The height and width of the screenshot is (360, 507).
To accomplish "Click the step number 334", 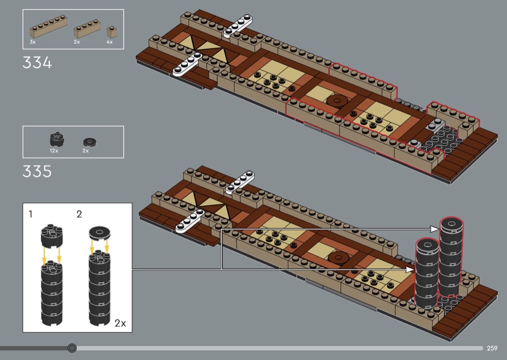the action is click(37, 63).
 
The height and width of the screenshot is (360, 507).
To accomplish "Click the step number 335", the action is click(37, 171).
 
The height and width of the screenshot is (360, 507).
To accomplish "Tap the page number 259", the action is click(492, 348).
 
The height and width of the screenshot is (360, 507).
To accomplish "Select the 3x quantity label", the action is click(32, 42).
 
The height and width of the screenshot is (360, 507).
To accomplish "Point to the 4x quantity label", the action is click(110, 42).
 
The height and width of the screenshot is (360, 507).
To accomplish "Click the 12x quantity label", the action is click(54, 151).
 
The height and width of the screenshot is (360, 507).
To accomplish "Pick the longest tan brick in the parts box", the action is click(48, 27).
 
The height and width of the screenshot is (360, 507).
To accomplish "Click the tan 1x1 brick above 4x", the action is click(112, 32).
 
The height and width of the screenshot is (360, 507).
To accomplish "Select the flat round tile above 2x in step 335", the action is click(90, 141).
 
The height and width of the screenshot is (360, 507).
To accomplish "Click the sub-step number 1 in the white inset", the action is click(30, 214).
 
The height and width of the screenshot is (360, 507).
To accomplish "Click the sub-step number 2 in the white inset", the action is click(79, 214).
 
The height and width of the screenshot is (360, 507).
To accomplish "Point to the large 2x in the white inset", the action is click(120, 323).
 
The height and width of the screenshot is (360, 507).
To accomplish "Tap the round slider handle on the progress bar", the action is click(72, 348).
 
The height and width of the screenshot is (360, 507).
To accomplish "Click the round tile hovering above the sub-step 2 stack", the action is click(99, 233).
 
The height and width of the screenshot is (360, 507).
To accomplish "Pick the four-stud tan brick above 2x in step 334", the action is click(87, 29).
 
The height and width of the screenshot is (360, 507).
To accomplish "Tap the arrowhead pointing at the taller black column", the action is click(435, 229).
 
